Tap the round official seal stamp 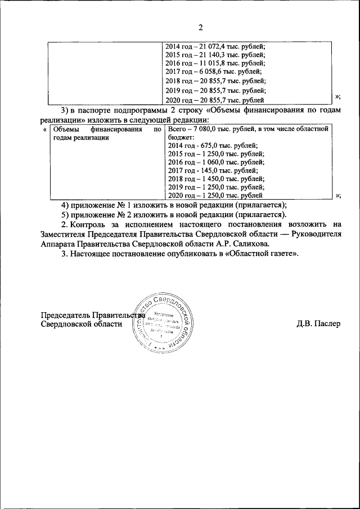click(163, 323)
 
